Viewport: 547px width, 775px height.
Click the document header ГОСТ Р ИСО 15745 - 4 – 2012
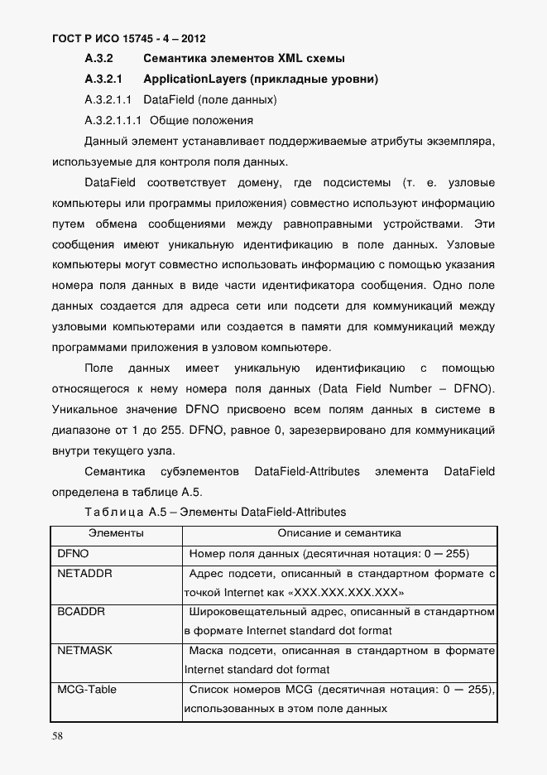(128, 38)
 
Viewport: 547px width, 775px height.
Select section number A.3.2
(98, 59)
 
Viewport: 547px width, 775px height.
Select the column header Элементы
(116, 533)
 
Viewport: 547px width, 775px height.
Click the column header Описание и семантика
(339, 533)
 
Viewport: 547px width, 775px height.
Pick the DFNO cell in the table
(73, 552)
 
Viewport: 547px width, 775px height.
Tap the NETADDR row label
(84, 572)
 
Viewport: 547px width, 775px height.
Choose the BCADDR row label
(81, 611)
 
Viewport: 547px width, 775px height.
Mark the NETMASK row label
(84, 650)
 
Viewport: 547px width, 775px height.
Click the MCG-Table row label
(87, 689)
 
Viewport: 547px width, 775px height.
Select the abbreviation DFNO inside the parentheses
(473, 389)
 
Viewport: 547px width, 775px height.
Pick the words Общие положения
(204, 120)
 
